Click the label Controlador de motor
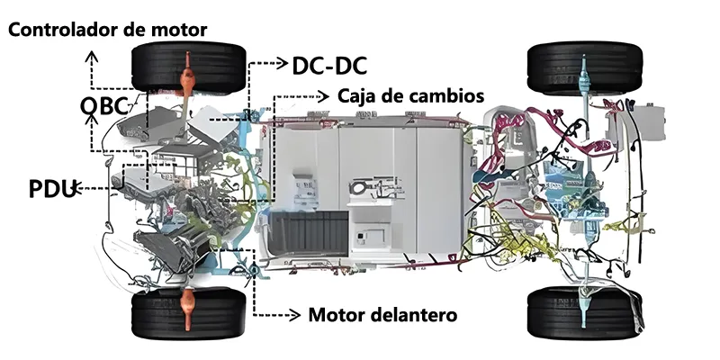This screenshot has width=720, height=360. [x=107, y=30]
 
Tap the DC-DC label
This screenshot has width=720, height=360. [x=329, y=67]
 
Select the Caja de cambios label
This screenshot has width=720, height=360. [x=411, y=96]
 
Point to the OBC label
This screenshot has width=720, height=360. [x=104, y=106]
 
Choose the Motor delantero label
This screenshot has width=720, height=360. [x=382, y=315]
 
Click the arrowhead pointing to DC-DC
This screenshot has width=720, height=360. [x=282, y=63]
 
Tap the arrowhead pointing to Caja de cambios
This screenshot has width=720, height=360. [x=324, y=96]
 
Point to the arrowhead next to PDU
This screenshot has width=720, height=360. [x=78, y=188]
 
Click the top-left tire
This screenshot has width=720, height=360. [x=188, y=67]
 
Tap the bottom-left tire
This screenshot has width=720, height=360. [x=188, y=314]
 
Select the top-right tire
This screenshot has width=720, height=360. [x=584, y=68]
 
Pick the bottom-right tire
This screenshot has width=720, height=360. [x=584, y=313]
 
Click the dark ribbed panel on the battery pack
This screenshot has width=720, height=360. [x=309, y=232]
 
